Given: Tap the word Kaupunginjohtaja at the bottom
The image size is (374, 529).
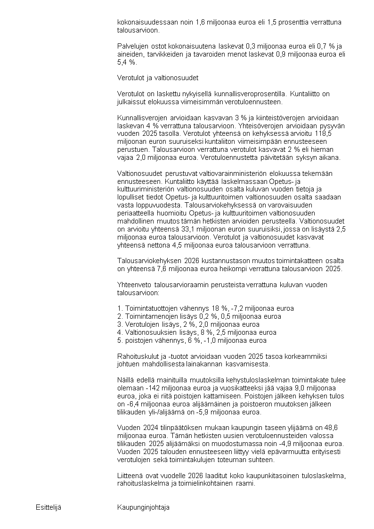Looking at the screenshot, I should click(143, 507).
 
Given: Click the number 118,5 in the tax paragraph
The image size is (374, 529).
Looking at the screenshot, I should click(336, 133).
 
